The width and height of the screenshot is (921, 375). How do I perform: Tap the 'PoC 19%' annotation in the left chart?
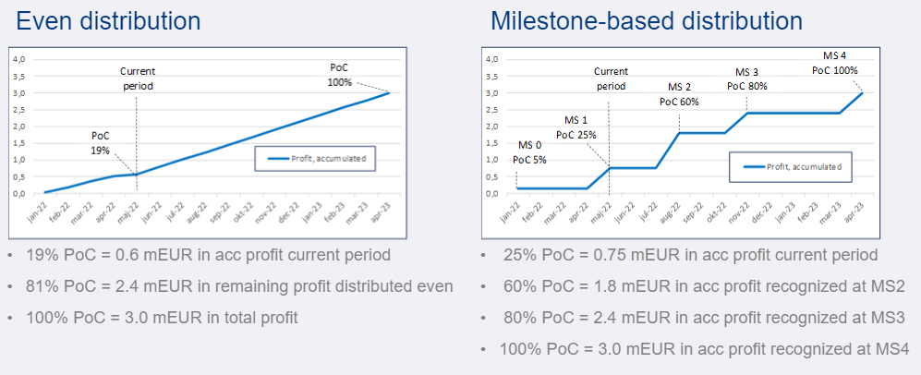pos(100,142)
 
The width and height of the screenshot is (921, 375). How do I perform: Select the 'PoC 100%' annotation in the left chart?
pos(340,74)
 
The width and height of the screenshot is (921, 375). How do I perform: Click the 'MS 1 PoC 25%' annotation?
pos(576,127)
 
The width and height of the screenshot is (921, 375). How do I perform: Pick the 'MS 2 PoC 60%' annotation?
pos(678,94)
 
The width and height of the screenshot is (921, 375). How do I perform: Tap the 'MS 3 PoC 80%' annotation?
pos(746,79)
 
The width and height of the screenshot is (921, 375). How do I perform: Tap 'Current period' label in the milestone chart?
pos(610,78)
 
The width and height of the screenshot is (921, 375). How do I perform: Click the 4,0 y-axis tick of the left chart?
pos(18,59)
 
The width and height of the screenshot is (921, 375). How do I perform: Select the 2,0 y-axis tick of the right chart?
pos(491,127)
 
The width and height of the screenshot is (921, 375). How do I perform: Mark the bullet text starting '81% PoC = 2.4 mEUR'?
pos(239,286)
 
